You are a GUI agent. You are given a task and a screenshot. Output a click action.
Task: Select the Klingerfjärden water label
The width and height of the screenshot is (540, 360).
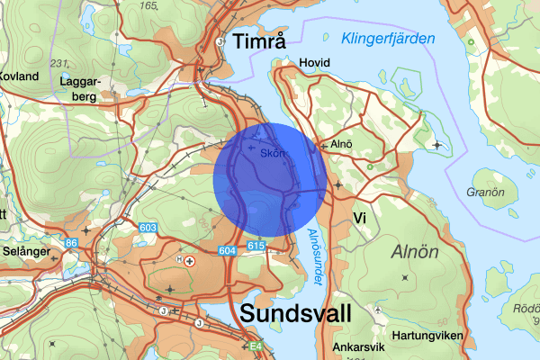(388, 39)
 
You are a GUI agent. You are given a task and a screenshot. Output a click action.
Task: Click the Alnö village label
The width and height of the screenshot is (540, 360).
(341, 143)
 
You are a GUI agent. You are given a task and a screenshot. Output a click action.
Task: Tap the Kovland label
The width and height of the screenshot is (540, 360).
(19, 76)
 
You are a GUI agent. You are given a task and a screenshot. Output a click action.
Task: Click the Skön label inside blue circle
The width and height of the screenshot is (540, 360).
(272, 153)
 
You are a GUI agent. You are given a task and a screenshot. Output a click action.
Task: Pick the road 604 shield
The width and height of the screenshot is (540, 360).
(227, 250)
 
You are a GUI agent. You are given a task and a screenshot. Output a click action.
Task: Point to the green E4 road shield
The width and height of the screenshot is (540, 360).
(256, 345)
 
